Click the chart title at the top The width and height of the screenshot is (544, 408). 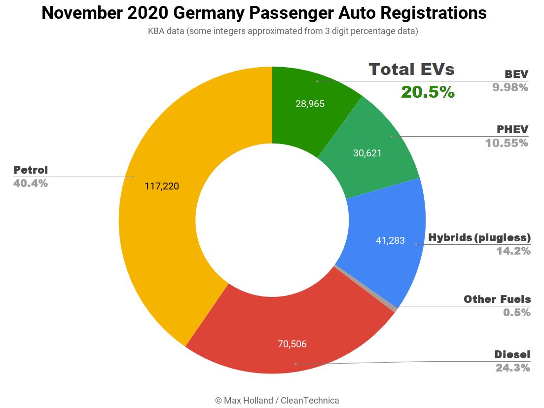264,13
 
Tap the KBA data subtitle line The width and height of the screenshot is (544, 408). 283,31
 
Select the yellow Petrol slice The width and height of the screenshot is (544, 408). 158,222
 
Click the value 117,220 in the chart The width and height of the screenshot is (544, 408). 162,186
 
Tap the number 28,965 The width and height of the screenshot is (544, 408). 310,104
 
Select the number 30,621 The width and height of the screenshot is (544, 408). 367,153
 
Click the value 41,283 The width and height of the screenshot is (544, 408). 390,241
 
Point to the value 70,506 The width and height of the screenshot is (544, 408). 292,344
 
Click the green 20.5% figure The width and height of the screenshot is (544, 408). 428,92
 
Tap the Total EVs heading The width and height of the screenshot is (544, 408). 411,70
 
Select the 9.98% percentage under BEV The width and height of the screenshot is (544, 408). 510,88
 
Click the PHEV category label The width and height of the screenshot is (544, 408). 512,130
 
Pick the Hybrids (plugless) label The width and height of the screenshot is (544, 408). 479,237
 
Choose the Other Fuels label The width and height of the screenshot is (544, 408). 497,299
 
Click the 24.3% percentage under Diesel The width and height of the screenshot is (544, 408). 512,368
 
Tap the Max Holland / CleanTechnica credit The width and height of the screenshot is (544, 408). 277,400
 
